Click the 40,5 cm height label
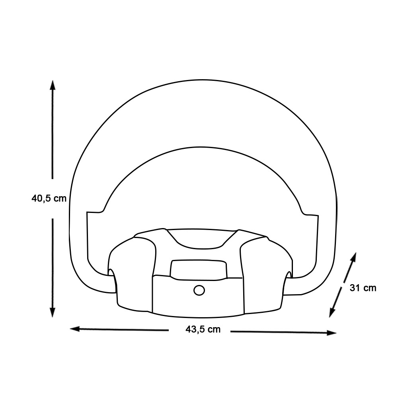(49, 198)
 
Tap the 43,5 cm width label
(203, 329)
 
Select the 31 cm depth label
(363, 288)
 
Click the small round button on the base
(199, 290)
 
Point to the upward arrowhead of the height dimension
(53, 85)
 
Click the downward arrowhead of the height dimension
(53, 312)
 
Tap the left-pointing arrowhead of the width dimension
(75, 329)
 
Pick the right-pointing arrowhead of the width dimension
(332, 333)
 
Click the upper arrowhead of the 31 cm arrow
(353, 257)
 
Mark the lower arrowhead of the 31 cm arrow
(332, 312)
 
